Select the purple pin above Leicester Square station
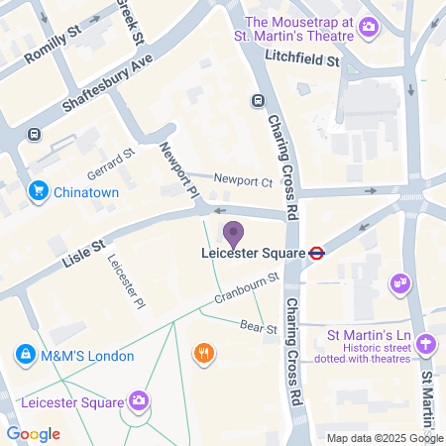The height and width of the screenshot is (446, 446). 234,235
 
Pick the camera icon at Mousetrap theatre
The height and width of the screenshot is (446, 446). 369,26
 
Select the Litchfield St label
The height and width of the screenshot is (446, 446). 308,61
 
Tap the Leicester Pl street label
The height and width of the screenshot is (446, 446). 126,281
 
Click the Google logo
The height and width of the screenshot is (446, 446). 34,434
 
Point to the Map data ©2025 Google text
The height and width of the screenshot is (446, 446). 386,438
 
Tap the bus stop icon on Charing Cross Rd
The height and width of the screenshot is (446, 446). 258,100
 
